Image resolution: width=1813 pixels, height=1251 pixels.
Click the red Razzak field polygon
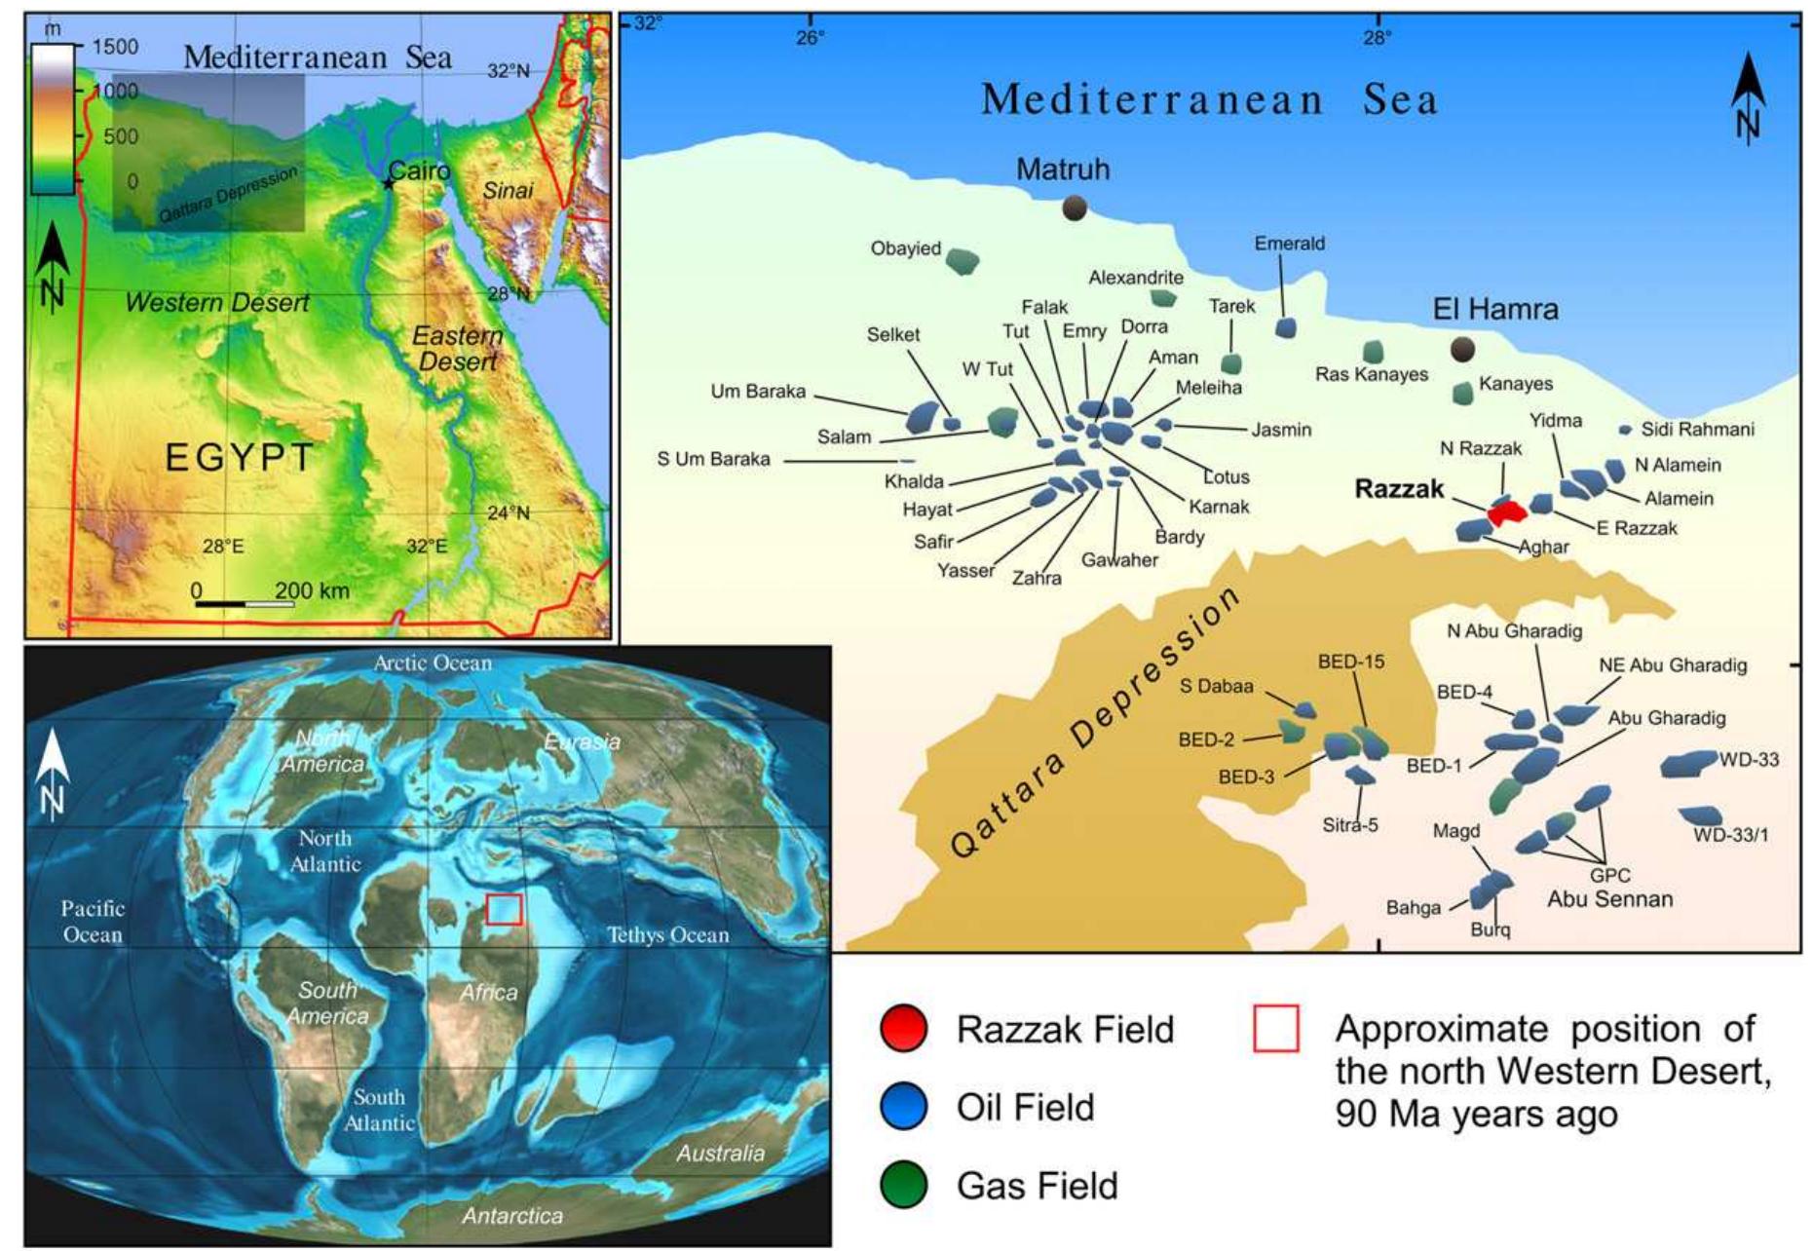[1507, 512]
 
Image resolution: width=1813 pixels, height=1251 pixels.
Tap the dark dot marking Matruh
[1074, 208]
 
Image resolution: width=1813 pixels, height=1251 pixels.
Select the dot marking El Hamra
[1461, 349]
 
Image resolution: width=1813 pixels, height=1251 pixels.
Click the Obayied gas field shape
[963, 260]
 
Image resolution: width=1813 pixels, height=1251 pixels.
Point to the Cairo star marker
[389, 183]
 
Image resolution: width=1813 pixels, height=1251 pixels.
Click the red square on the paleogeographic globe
[504, 908]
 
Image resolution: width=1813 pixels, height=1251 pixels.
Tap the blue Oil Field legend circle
[902, 1108]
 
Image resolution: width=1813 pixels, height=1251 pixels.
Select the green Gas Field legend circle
[902, 1186]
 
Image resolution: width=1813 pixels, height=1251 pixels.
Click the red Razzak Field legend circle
[902, 1030]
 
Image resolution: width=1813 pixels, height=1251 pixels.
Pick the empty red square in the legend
[1275, 1029]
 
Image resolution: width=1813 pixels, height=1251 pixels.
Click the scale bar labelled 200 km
[245, 604]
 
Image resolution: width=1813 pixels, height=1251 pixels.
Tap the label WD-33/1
[1730, 835]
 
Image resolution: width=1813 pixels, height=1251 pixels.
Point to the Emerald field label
[1289, 244]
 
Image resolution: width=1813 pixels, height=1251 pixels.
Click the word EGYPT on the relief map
[240, 457]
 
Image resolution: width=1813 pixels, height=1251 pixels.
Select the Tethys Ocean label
[667, 935]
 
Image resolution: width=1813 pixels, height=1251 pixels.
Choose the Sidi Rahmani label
[1697, 430]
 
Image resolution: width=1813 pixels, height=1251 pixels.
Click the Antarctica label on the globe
[511, 1216]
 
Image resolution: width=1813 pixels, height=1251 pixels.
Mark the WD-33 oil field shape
[1687, 764]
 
